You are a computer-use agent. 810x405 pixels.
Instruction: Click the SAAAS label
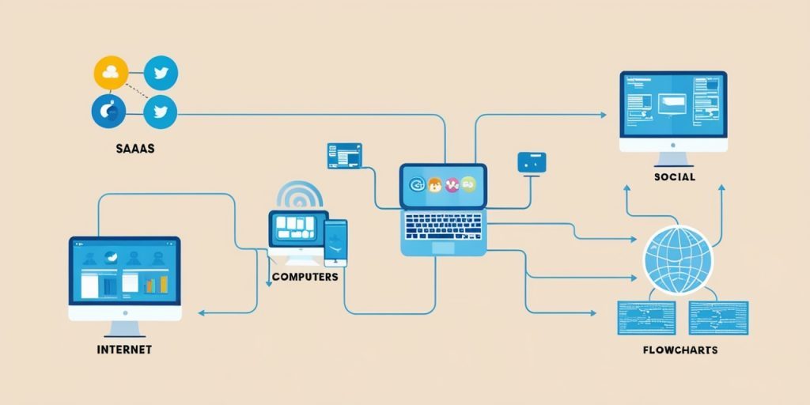click(136, 149)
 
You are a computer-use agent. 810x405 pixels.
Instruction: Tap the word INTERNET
click(124, 350)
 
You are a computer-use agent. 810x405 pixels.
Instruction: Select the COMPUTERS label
click(305, 277)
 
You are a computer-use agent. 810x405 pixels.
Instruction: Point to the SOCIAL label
click(675, 176)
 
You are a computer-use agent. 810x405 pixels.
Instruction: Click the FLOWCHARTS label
click(680, 350)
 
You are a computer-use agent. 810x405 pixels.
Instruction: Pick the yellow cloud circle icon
click(111, 73)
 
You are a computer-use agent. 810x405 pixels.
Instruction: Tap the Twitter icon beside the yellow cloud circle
click(161, 73)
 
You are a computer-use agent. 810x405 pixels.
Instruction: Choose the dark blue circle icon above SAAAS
click(108, 111)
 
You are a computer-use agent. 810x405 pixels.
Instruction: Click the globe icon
click(677, 260)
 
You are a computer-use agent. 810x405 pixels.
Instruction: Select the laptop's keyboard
click(443, 226)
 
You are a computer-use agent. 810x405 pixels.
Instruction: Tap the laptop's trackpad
click(443, 248)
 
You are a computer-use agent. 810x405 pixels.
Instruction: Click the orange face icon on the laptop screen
click(435, 184)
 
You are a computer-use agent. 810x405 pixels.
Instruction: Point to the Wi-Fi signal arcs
click(300, 195)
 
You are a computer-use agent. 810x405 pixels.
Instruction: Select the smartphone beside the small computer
click(335, 243)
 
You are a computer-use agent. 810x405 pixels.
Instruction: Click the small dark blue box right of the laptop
click(532, 162)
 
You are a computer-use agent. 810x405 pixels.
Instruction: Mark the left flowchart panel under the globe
click(646, 318)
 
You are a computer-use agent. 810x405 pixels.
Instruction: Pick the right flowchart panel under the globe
click(718, 318)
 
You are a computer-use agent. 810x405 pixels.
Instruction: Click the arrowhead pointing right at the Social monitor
click(604, 115)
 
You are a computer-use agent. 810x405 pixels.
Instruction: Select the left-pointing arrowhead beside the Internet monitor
click(202, 312)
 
